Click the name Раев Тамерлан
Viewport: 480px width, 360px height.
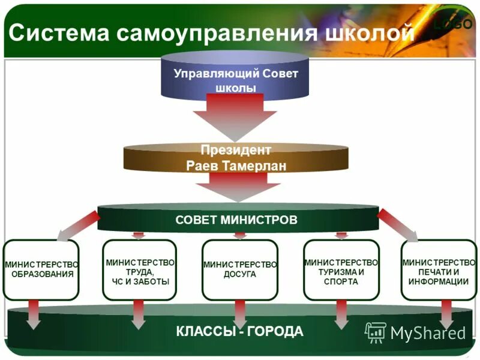pos(236,166)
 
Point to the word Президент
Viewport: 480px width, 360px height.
pos(236,150)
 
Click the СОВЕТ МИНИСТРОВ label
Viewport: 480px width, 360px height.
pos(236,220)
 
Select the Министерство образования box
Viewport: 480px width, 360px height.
pos(41,269)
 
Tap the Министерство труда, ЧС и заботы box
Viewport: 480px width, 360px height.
pos(140,269)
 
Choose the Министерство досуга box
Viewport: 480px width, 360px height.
pos(240,269)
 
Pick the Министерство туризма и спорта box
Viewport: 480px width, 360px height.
pos(341,269)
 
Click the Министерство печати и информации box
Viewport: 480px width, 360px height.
pos(439,269)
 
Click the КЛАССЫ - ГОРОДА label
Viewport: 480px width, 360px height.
pos(240,331)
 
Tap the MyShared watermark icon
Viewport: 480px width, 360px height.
pos(376,332)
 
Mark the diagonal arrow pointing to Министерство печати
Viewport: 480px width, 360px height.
pos(398,225)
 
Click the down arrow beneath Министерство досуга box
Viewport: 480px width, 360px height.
pos(240,313)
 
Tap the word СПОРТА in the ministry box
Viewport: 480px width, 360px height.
pos(341,281)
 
